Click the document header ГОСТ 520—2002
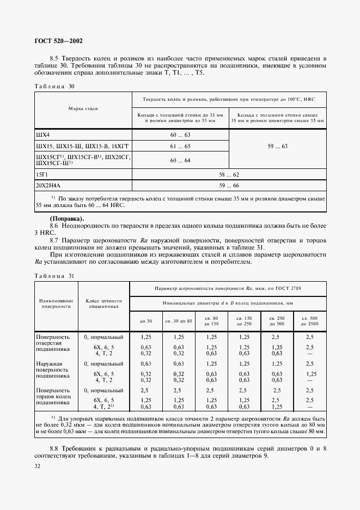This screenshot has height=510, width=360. (x=58, y=41)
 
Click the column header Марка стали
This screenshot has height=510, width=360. (x=83, y=109)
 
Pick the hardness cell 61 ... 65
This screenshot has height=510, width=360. (x=180, y=147)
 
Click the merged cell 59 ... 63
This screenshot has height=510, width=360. (x=277, y=147)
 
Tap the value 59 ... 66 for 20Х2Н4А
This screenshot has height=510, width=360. (x=229, y=186)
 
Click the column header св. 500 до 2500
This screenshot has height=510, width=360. (x=309, y=320)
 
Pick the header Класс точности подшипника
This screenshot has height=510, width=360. (x=103, y=303)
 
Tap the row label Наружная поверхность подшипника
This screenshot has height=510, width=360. (x=50, y=370)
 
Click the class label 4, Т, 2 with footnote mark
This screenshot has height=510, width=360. (x=103, y=406)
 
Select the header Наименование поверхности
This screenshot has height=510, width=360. (x=56, y=303)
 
